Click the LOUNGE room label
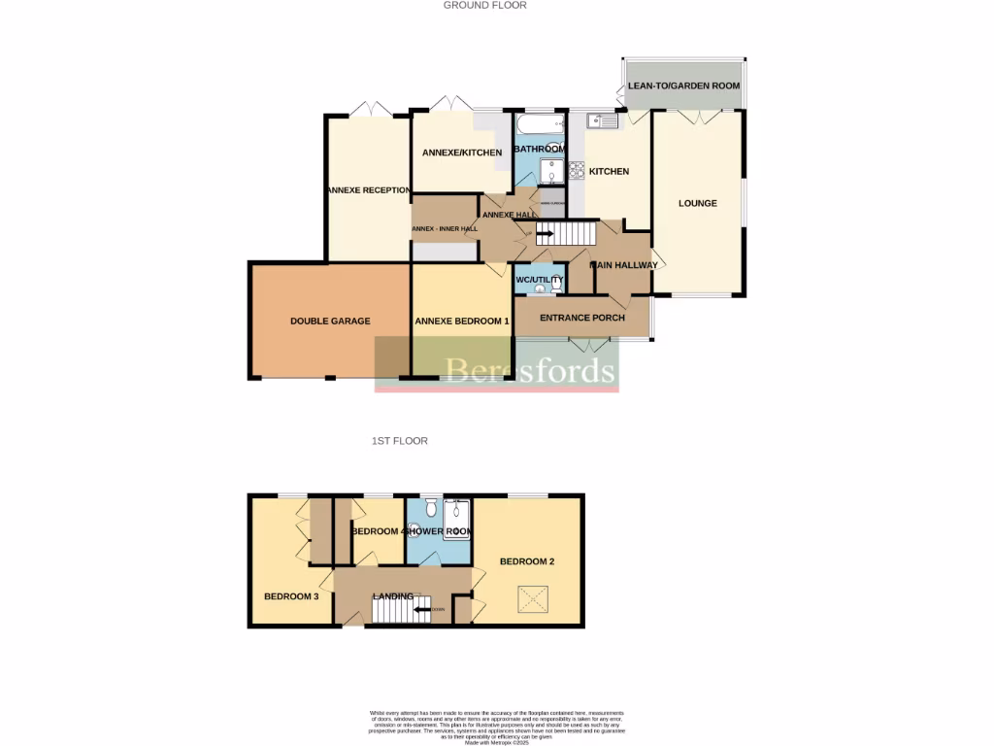click(698, 203)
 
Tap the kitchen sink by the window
click(602, 121)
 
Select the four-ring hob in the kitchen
click(576, 170)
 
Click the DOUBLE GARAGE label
click(330, 321)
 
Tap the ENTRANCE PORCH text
click(581, 318)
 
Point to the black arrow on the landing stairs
click(422, 610)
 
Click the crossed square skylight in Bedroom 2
click(532, 599)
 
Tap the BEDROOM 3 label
click(291, 596)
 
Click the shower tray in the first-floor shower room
click(457, 516)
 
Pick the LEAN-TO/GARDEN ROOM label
click(683, 85)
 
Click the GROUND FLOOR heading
click(484, 5)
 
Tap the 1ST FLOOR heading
click(399, 441)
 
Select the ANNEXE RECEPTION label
click(368, 190)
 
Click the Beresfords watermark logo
click(496, 368)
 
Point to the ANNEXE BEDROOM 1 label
click(461, 322)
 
